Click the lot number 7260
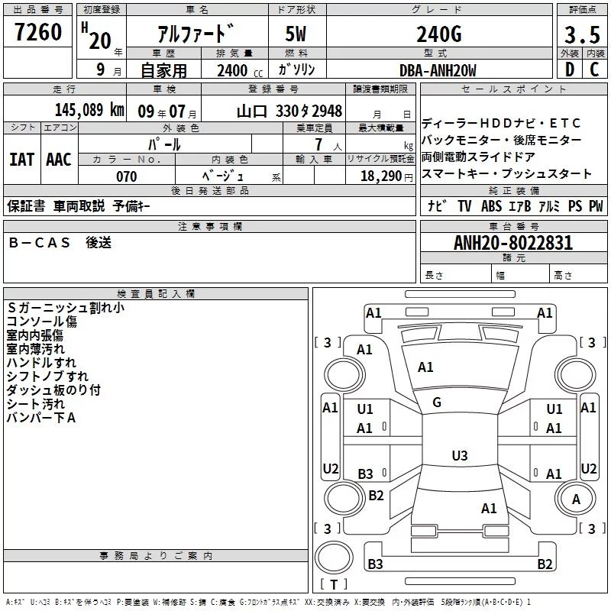tap(38, 32)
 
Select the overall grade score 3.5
tap(582, 34)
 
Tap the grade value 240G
tap(439, 34)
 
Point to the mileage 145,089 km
tap(89, 110)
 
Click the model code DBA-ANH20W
tap(438, 70)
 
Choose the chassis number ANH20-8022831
tap(513, 243)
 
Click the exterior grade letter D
tap(570, 70)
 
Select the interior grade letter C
tap(594, 70)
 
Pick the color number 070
tap(127, 176)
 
